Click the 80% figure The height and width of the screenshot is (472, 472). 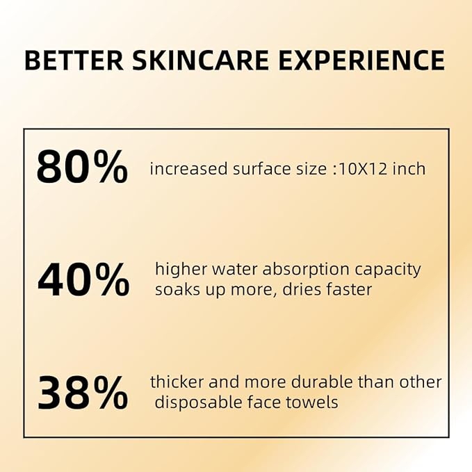pyautogui.click(x=82, y=167)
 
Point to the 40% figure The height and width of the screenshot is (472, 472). pyautogui.click(x=83, y=280)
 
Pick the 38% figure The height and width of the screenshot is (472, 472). pyautogui.click(x=82, y=393)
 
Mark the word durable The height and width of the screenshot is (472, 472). pyautogui.click(x=309, y=382)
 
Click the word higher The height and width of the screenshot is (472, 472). pyautogui.click(x=178, y=270)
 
